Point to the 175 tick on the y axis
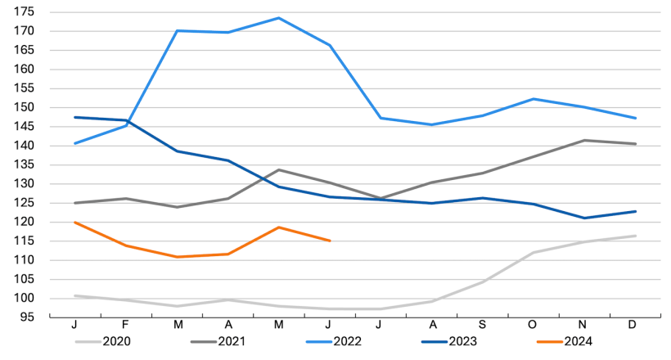pyautogui.click(x=23, y=12)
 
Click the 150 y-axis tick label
pyautogui.click(x=23, y=107)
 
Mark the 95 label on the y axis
pyautogui.click(x=27, y=317)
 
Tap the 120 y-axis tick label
pyautogui.click(x=23, y=222)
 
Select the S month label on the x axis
pyautogui.click(x=482, y=326)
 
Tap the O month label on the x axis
pyautogui.click(x=533, y=326)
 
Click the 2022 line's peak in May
pyautogui.click(x=278, y=18)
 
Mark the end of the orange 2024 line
pyautogui.click(x=329, y=241)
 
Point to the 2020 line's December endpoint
pyautogui.click(x=635, y=236)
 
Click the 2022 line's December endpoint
pyautogui.click(x=635, y=118)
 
